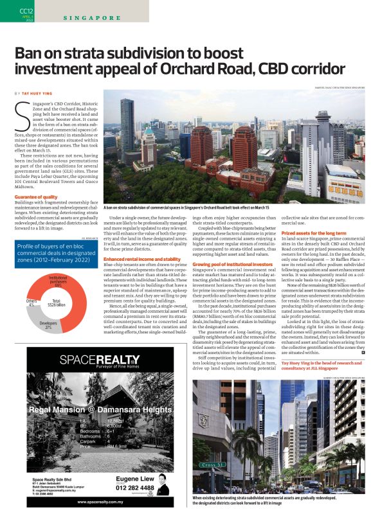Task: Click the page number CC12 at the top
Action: (25, 11)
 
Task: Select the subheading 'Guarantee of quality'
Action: (35, 197)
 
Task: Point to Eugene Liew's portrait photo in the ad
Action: (163, 484)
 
